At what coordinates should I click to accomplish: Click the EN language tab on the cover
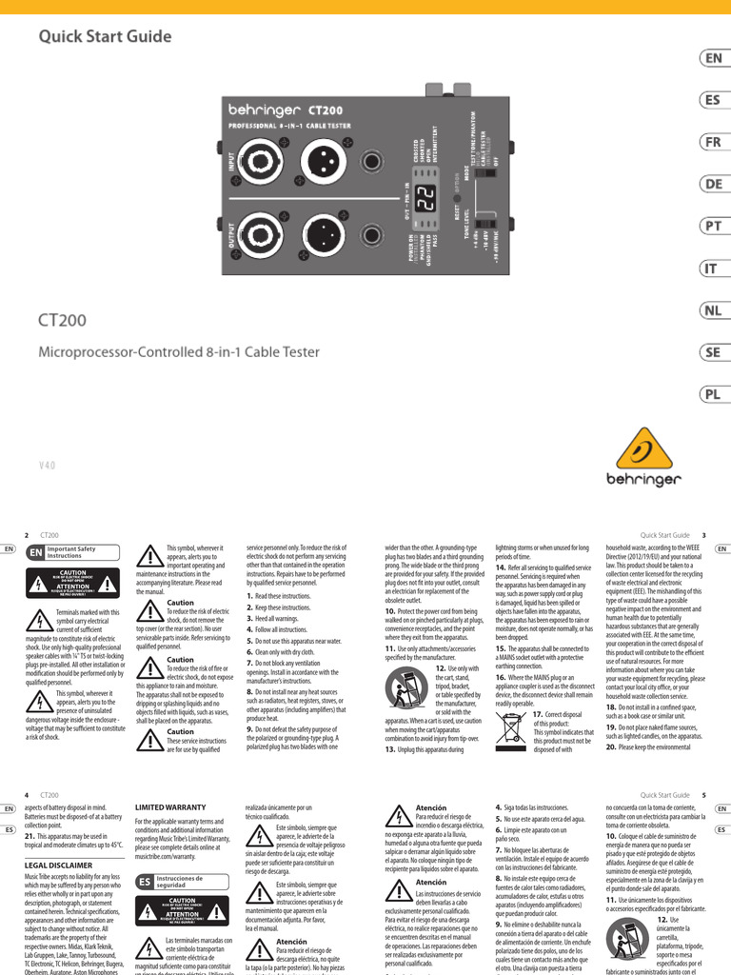coord(713,58)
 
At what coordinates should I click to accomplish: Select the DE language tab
coord(713,184)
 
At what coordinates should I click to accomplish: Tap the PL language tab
coord(713,393)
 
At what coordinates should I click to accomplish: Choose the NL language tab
coord(713,309)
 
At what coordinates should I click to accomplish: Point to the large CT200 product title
coord(63,321)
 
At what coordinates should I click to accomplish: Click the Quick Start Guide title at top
coord(105,37)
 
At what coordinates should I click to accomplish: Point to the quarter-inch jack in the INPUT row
coord(372,160)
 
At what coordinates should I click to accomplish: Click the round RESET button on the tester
coord(466,204)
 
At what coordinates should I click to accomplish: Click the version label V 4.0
coord(49,466)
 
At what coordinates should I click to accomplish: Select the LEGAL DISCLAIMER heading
coord(57,865)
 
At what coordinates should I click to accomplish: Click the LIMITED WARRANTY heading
coord(170,806)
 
